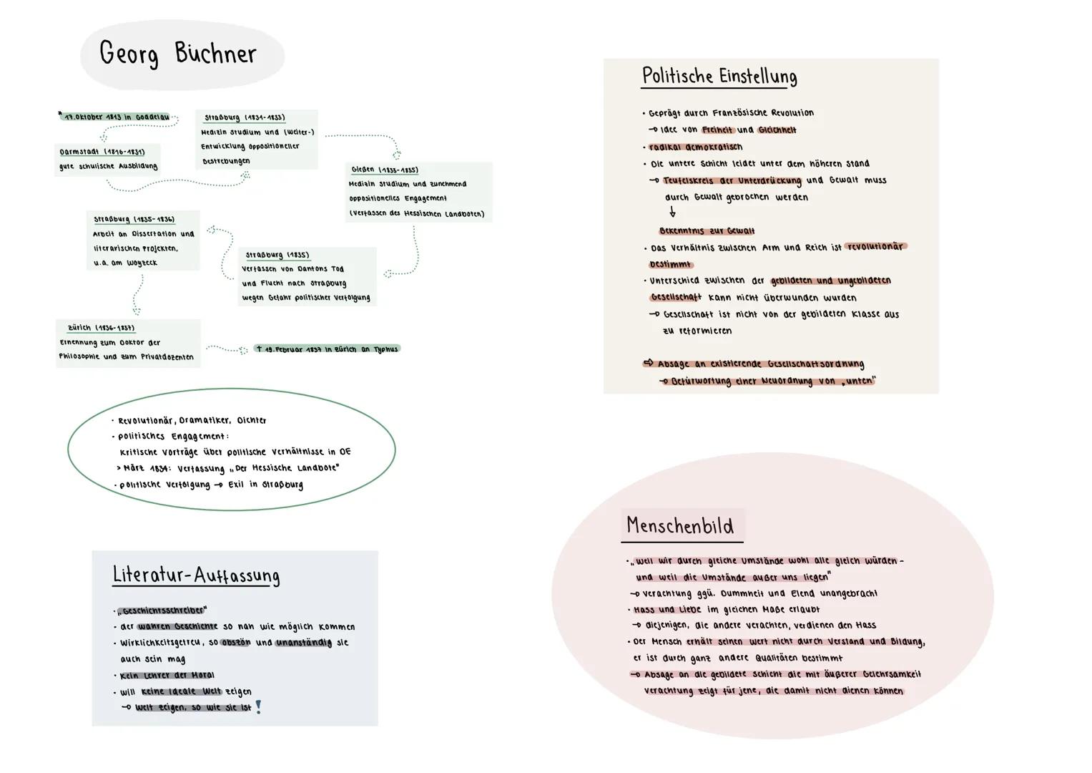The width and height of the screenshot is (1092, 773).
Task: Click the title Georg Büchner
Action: (x=178, y=54)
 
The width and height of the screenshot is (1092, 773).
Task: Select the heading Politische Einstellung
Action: (x=719, y=76)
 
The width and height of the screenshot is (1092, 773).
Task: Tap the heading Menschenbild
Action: (x=680, y=526)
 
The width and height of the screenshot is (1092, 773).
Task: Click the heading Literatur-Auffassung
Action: (x=196, y=575)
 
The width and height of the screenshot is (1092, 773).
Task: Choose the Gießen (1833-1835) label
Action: (x=385, y=170)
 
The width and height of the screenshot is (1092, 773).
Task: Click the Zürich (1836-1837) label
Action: (x=101, y=328)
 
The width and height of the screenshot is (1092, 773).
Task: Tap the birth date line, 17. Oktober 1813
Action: (x=117, y=117)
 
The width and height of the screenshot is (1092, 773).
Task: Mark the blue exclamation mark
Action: (x=259, y=707)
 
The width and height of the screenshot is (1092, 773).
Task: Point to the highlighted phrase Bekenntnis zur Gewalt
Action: (x=707, y=230)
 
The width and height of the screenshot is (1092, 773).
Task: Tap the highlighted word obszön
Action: (x=236, y=642)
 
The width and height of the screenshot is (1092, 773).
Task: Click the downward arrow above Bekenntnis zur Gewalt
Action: (x=672, y=213)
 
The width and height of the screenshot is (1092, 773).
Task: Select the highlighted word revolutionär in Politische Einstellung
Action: (x=875, y=246)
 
